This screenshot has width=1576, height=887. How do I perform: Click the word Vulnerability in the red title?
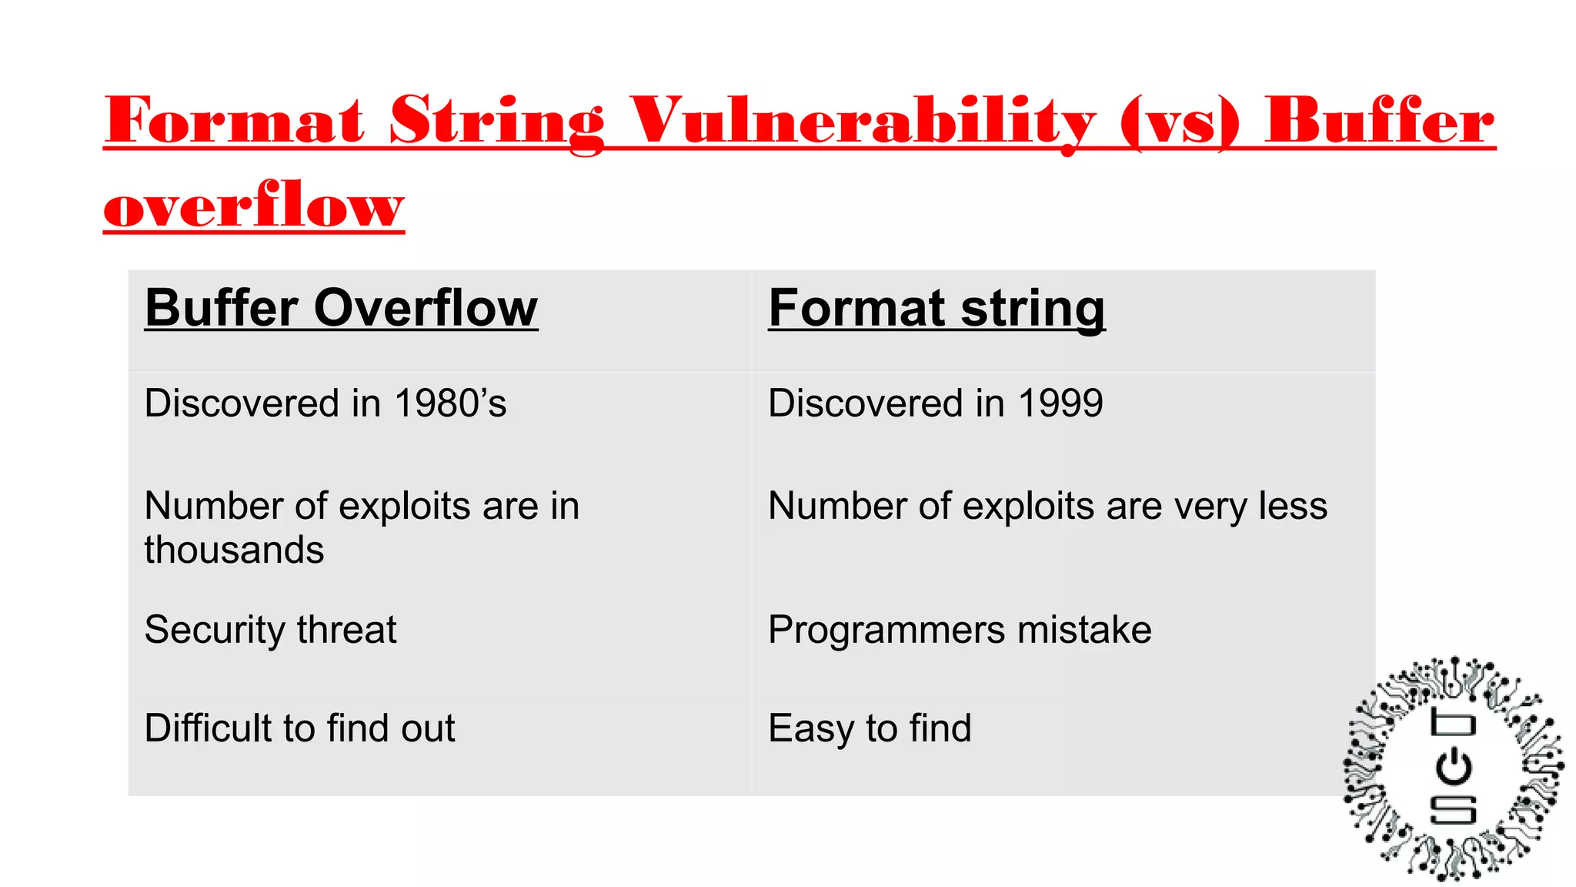click(x=862, y=122)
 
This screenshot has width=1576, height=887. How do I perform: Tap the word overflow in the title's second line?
click(x=254, y=206)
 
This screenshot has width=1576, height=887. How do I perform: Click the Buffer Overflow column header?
click(x=341, y=308)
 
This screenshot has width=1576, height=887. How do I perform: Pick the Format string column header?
click(x=937, y=308)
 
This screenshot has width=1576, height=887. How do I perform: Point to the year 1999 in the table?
click(x=1060, y=403)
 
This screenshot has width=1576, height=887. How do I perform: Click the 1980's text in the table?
click(x=450, y=403)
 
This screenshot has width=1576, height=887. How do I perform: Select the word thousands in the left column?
click(x=234, y=550)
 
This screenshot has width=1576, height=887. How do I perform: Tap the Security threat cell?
click(x=270, y=630)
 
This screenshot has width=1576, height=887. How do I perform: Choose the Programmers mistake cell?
click(x=960, y=630)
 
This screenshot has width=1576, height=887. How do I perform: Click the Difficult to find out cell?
click(x=299, y=728)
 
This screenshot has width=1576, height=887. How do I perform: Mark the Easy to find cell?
click(x=870, y=728)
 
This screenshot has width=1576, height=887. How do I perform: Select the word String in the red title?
click(x=497, y=122)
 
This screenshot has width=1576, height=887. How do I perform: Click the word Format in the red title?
click(x=234, y=122)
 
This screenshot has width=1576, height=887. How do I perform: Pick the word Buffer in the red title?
click(x=1379, y=122)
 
